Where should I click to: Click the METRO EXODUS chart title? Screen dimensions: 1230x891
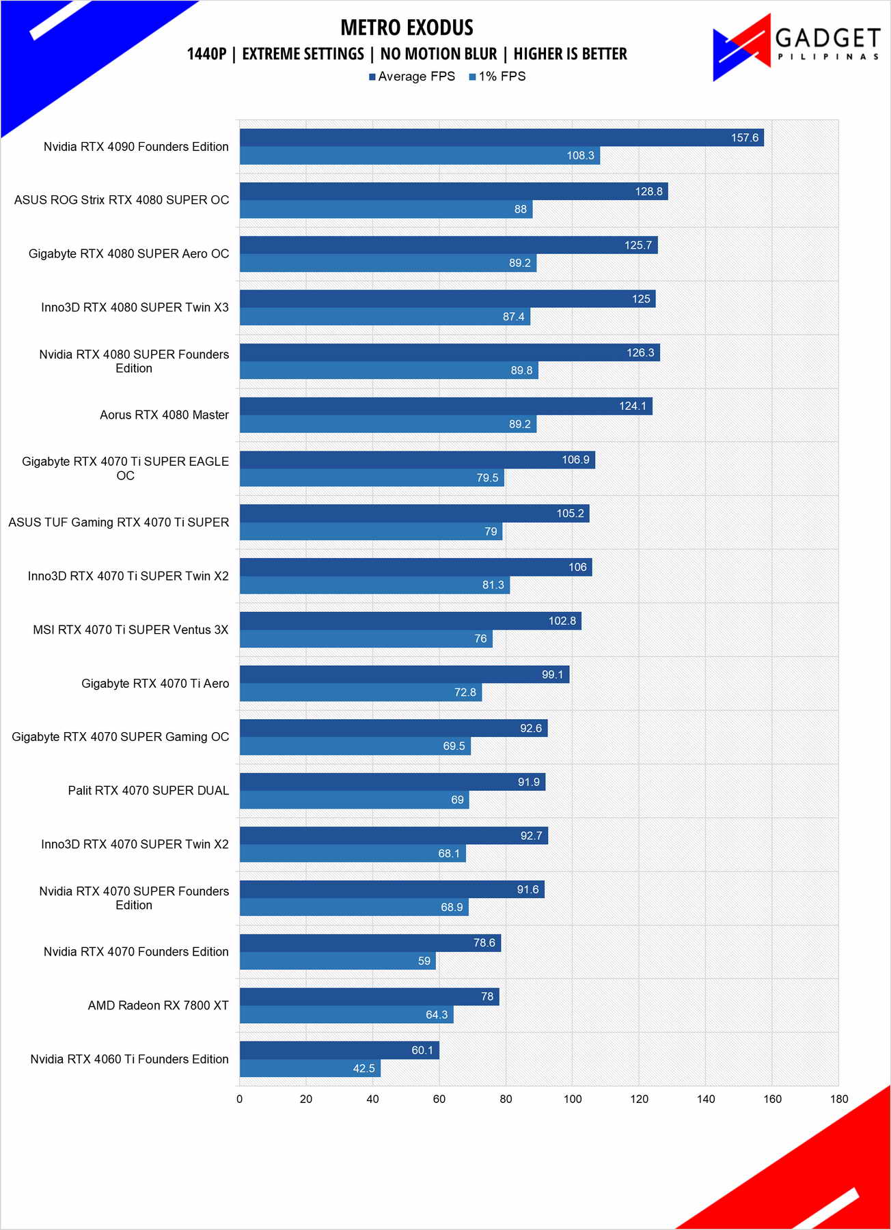click(x=407, y=27)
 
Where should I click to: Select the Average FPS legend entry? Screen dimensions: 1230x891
click(x=412, y=76)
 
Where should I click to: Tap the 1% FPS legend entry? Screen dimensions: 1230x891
click(x=497, y=76)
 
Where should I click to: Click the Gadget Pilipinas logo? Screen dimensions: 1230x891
click(x=796, y=46)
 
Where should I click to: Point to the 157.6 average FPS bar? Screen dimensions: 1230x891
click(x=501, y=137)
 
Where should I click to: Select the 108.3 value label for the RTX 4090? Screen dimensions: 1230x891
click(x=580, y=156)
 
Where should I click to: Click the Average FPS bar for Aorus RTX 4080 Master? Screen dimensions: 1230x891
click(x=445, y=406)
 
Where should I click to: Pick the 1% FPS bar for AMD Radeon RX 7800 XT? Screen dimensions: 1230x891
click(x=346, y=1015)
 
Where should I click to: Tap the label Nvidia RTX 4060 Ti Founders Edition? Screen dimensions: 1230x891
click(x=129, y=1059)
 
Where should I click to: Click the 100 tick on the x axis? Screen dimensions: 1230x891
click(x=573, y=1099)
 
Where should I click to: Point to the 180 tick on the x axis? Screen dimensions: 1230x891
click(x=839, y=1099)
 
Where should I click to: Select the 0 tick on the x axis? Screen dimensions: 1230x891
click(x=239, y=1099)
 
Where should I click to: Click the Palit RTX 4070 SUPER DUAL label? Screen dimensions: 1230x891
click(x=148, y=791)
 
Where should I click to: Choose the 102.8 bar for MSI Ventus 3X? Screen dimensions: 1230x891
click(x=410, y=621)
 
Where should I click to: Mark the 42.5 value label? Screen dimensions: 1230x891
click(x=364, y=1068)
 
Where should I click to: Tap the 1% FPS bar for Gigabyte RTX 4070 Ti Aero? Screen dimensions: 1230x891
click(x=360, y=693)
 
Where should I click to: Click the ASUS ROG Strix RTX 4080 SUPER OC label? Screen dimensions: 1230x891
click(x=122, y=200)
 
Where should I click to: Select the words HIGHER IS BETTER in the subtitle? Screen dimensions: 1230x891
click(x=570, y=54)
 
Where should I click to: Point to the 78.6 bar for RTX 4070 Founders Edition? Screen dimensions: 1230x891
click(x=370, y=943)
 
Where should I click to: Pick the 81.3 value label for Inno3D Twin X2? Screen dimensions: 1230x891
click(x=493, y=585)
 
